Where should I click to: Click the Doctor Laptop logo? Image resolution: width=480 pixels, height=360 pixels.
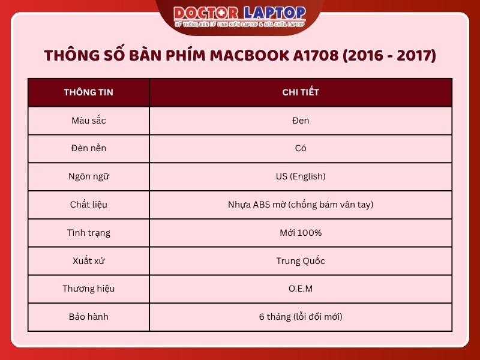tap(240, 16)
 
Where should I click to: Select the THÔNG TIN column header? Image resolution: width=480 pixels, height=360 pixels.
tap(88, 92)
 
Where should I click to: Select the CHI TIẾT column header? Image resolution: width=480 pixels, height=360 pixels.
tap(301, 92)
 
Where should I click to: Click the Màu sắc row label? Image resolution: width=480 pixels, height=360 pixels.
tap(88, 121)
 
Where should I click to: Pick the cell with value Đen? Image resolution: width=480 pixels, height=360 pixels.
tap(301, 121)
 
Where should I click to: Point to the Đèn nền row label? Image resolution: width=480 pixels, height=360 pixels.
tap(88, 148)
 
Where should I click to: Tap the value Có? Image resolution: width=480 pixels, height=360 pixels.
tap(301, 148)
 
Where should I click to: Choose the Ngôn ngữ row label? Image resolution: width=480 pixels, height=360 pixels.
tap(88, 176)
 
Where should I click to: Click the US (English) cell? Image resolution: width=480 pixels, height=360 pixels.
tap(301, 176)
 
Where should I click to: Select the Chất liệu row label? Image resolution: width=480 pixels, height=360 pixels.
tap(88, 205)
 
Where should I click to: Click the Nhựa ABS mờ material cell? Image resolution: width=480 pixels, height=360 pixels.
tap(301, 205)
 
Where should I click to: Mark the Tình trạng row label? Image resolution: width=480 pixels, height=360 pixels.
tap(88, 232)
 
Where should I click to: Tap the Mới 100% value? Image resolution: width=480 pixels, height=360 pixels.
tap(301, 232)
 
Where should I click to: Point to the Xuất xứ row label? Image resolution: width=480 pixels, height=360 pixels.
tap(88, 260)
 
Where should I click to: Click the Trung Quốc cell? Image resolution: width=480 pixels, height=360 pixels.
tap(301, 260)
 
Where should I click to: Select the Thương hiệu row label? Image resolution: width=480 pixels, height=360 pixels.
tap(88, 289)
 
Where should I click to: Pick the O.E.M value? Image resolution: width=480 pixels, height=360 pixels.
tap(301, 289)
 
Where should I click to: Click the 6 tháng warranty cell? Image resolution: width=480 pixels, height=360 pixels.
tap(301, 316)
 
